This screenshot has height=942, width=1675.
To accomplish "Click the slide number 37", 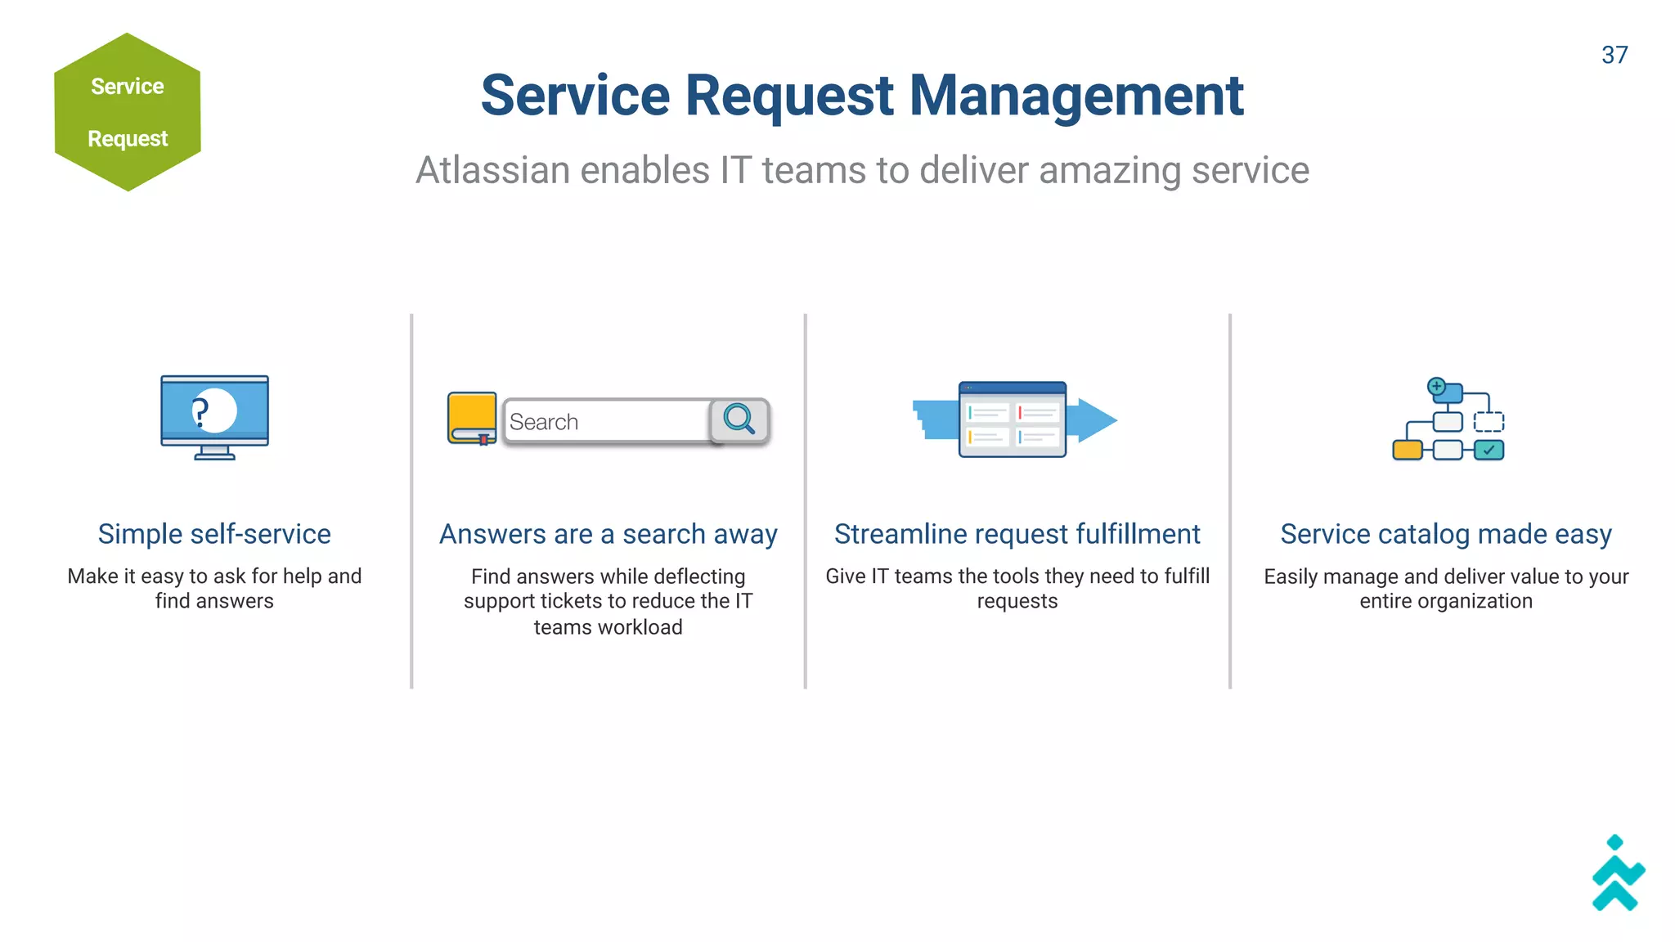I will pos(1614,55).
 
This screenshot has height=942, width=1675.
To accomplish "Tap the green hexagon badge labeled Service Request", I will pos(128,112).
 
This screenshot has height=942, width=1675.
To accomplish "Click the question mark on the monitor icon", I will pos(200,411).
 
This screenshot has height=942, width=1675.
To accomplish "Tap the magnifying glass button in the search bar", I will pos(739,419).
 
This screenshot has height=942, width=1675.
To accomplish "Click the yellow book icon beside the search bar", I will pos(472,416).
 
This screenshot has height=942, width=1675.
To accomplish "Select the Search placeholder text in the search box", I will pos(543,422).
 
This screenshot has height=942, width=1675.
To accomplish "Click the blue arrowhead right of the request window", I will pos(1097,420).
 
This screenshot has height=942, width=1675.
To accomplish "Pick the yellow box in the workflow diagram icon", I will pos(1407,450).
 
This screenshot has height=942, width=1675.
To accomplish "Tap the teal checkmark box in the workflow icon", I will pos(1489,450).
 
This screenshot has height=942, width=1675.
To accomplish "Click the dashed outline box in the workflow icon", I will pos(1489,422).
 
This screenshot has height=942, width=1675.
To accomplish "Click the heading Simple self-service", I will pos(214,534).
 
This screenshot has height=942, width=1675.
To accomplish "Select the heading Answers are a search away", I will pos(608,534).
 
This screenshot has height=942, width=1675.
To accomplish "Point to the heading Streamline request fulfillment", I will pos(1017,534).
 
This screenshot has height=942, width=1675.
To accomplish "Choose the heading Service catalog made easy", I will pos(1445,534).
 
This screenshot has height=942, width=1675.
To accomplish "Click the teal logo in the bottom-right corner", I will pos(1618,874).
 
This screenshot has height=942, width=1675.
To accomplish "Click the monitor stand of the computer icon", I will pos(214,452).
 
